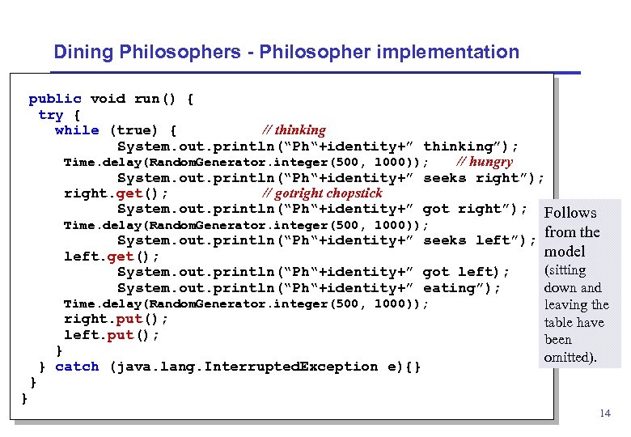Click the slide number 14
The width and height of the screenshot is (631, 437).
pos(604,414)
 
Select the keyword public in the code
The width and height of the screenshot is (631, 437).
pos(55,99)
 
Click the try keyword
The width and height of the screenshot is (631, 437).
pos(50,115)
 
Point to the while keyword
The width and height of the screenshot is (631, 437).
pos(77,130)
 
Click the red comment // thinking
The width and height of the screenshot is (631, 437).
pos(294,130)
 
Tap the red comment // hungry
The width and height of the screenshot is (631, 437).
pos(485,162)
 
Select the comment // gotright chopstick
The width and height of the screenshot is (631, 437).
pos(323,193)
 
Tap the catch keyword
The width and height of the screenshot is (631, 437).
pos(77,367)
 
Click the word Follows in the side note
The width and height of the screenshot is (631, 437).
pos(570,213)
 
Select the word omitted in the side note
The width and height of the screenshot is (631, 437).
pos(569,357)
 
